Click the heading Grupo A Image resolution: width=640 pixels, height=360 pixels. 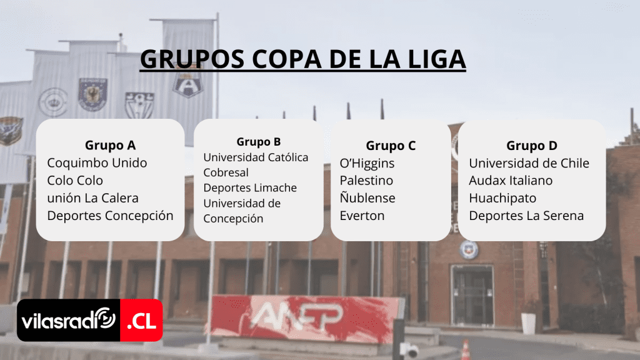pyautogui.click(x=110, y=145)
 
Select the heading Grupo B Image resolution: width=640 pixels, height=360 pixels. pyautogui.click(x=259, y=142)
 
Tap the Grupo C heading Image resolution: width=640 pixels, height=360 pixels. pyautogui.click(x=391, y=146)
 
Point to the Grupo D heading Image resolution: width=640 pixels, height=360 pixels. pyautogui.click(x=532, y=146)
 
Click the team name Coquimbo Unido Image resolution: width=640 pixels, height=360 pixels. pyautogui.click(x=97, y=163)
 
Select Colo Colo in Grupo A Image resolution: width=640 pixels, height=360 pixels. pyautogui.click(x=75, y=181)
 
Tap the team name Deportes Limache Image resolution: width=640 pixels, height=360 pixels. pyautogui.click(x=250, y=187)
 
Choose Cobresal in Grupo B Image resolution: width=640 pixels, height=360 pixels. pyautogui.click(x=226, y=172)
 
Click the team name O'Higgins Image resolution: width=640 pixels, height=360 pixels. pyautogui.click(x=367, y=163)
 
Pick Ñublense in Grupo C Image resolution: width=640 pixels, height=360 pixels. pyautogui.click(x=367, y=197)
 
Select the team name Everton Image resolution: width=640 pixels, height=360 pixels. pyautogui.click(x=362, y=216)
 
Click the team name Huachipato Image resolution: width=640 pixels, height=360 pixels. pyautogui.click(x=502, y=198)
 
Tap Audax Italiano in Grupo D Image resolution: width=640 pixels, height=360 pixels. pyautogui.click(x=511, y=181)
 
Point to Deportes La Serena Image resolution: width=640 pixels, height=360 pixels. pyautogui.click(x=526, y=216)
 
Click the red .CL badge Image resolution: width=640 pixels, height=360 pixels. pyautogui.click(x=141, y=321)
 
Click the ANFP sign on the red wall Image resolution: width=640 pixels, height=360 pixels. pyautogui.click(x=297, y=316)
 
